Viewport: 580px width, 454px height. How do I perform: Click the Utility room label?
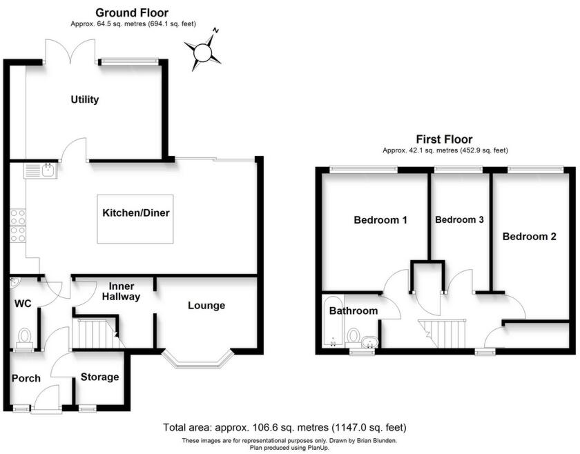click(x=85, y=99)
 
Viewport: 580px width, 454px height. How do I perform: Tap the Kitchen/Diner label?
click(x=136, y=213)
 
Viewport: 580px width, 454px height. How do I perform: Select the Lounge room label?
click(x=206, y=306)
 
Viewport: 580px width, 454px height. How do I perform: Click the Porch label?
click(x=26, y=378)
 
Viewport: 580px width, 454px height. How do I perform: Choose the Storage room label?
click(x=99, y=377)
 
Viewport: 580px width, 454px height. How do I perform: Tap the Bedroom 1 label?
click(x=380, y=221)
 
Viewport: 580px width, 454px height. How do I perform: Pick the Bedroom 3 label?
click(x=459, y=220)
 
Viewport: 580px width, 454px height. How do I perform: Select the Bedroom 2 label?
click(x=529, y=237)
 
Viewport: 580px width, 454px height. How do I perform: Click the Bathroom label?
click(x=353, y=311)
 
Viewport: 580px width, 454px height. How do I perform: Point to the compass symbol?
click(x=202, y=52)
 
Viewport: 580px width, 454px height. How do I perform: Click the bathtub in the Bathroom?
click(x=332, y=324)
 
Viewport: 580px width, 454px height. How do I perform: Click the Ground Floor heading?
click(x=131, y=12)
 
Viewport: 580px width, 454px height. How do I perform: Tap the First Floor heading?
click(x=444, y=139)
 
